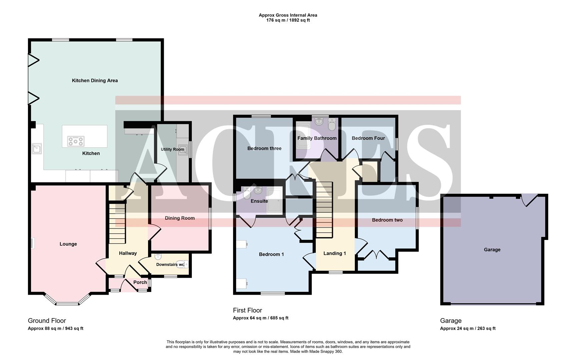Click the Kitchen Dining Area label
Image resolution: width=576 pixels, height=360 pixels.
point(95,80)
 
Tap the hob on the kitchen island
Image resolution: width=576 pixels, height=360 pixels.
point(76,141)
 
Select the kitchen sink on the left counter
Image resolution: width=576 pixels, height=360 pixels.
point(37,148)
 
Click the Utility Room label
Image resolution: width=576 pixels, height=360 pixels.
point(172,149)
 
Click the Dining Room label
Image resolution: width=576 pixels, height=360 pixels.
point(179,218)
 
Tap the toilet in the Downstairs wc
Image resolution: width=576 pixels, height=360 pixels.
point(182,264)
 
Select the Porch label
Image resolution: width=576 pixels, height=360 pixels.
point(140,282)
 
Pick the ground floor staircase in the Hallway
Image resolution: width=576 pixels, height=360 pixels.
point(117,223)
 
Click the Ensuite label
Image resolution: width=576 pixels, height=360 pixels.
point(259,201)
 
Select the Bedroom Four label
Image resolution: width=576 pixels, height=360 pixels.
point(368,138)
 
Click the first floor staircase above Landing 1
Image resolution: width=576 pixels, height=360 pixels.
point(324,210)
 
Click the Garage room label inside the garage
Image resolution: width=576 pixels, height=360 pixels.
point(492,250)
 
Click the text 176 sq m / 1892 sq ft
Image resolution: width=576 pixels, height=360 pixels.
point(288,20)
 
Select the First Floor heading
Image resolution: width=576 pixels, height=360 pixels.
point(247,310)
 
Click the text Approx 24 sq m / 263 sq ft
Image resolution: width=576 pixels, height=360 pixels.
point(468,328)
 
